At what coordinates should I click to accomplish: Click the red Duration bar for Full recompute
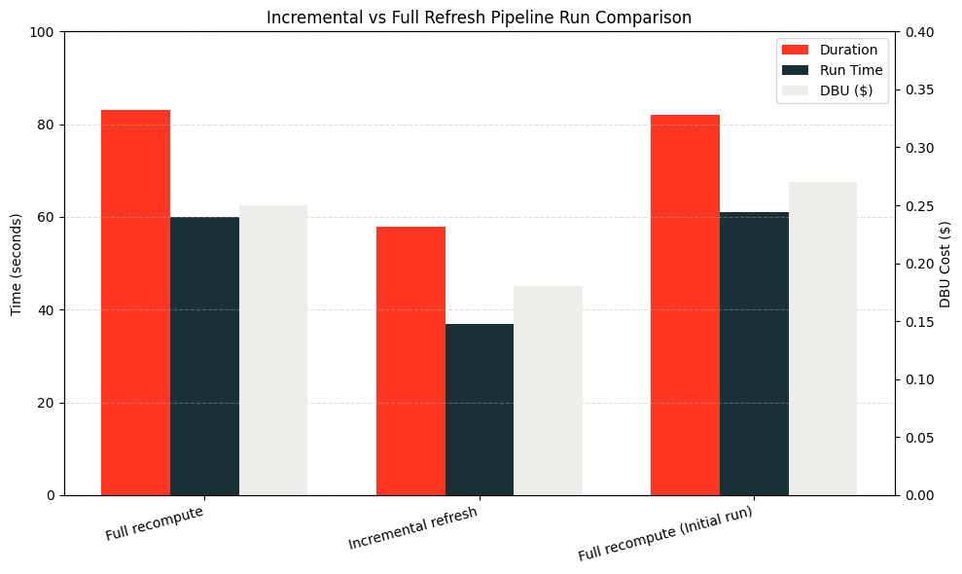click(135, 303)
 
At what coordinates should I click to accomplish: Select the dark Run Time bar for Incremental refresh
click(480, 410)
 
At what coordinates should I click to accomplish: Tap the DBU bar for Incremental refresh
click(548, 390)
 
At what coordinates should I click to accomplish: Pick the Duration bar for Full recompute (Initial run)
click(685, 305)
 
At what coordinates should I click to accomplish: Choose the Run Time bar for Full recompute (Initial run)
click(754, 353)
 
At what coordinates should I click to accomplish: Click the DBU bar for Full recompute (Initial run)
click(822, 339)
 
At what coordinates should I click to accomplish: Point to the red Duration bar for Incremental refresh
click(410, 361)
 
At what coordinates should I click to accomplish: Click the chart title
click(481, 18)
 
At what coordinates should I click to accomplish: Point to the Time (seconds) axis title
click(16, 264)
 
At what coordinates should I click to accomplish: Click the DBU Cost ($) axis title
click(945, 264)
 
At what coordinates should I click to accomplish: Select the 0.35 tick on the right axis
click(920, 90)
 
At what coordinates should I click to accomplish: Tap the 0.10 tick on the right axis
click(920, 379)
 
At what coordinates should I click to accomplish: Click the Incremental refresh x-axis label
click(412, 528)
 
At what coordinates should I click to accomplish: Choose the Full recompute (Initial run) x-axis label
click(665, 534)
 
